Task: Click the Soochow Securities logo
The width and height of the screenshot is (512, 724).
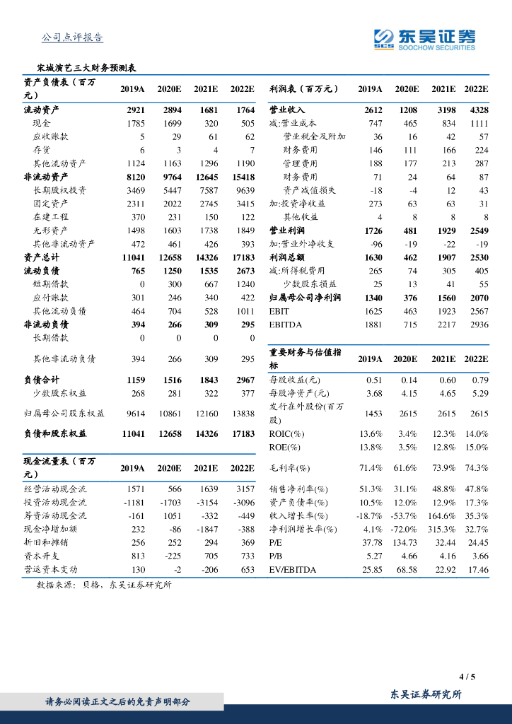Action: point(424,40)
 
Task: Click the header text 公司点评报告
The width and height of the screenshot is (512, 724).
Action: point(73,37)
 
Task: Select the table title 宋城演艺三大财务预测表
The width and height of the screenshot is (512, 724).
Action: point(86,69)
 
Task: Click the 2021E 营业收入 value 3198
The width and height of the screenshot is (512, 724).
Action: point(443,110)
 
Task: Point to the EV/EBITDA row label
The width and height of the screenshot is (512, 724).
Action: point(293,569)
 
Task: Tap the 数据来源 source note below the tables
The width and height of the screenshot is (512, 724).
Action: point(103,585)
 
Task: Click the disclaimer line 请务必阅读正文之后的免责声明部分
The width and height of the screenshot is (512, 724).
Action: point(118,701)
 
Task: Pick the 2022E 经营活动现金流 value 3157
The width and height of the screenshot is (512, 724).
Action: point(242,489)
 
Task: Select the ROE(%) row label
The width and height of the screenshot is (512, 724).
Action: point(285,447)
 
